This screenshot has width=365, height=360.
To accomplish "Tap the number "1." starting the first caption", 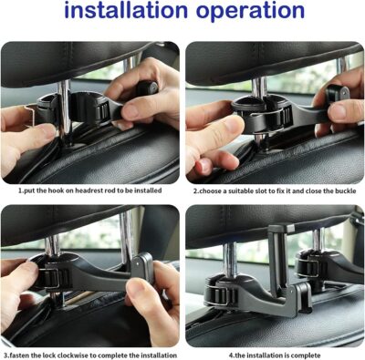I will click(x=21, y=193).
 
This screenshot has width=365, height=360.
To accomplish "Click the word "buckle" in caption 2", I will click(x=342, y=193).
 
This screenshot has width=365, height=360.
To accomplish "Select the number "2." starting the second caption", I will click(x=195, y=193).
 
